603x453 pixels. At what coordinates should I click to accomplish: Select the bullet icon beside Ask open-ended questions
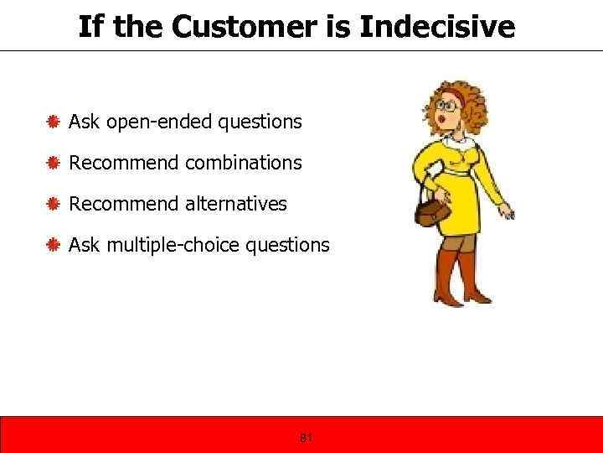click(x=52, y=122)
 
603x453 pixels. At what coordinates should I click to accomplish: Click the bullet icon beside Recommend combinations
click(x=52, y=163)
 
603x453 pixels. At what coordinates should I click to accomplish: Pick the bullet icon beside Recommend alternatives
click(x=52, y=204)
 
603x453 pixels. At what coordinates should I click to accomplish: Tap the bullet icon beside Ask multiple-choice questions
click(x=52, y=245)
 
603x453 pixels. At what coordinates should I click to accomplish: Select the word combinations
click(x=244, y=163)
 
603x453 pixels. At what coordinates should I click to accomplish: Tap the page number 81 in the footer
click(x=306, y=437)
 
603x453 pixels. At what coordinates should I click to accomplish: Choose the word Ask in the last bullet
click(x=82, y=245)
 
